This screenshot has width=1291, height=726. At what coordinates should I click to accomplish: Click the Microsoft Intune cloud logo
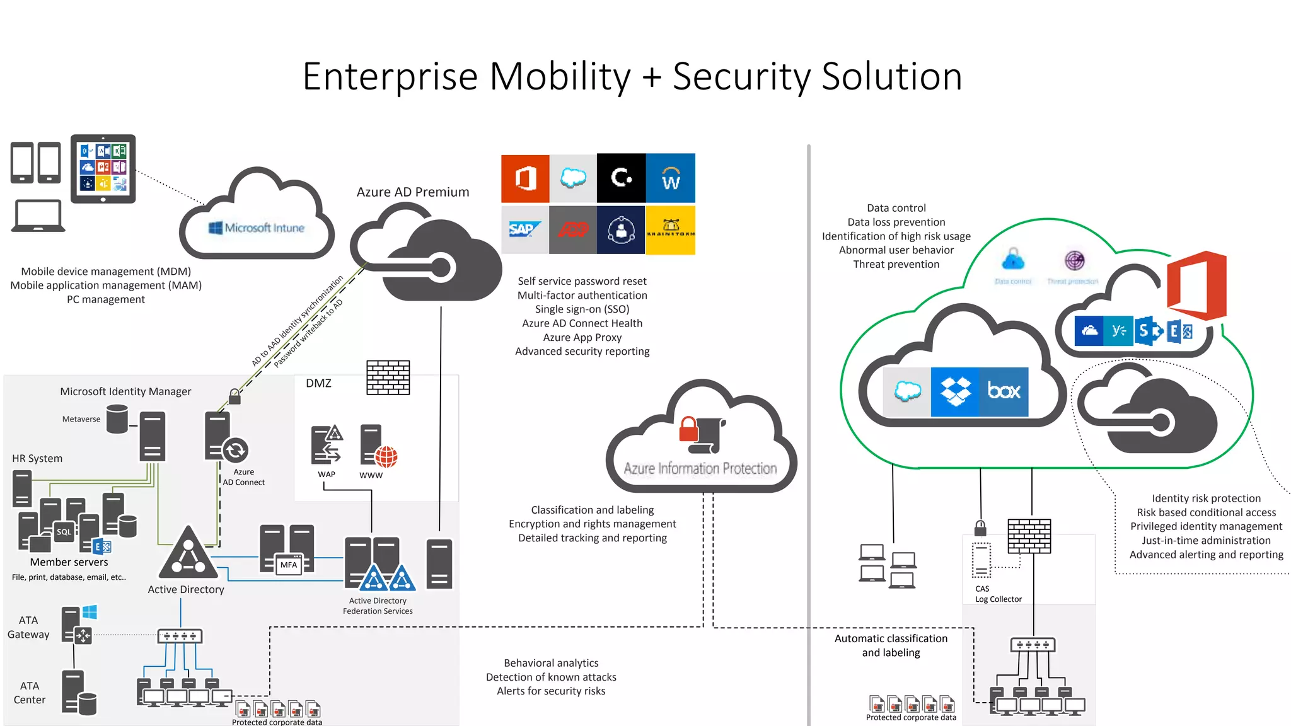(257, 228)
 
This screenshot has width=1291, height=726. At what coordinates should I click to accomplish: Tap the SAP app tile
(524, 230)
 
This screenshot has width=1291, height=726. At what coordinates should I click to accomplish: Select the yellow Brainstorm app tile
(670, 230)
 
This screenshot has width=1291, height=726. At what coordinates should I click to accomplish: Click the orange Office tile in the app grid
(525, 178)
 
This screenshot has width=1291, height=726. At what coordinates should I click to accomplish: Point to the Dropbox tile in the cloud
(955, 391)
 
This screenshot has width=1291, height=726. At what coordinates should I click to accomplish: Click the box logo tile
(1004, 391)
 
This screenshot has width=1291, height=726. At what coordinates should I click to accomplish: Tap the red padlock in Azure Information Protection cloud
(688, 430)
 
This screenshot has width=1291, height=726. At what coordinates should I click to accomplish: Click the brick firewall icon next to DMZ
(388, 377)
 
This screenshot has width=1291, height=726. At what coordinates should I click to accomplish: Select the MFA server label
(289, 565)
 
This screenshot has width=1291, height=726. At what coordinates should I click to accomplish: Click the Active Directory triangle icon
(188, 554)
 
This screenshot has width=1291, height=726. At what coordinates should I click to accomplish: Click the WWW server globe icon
(386, 456)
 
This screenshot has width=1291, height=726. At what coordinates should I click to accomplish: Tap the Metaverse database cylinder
(117, 419)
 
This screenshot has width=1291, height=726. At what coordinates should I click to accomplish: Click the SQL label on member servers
(64, 532)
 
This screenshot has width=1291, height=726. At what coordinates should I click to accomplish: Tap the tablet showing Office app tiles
(103, 168)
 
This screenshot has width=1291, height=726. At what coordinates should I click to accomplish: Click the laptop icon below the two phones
(38, 216)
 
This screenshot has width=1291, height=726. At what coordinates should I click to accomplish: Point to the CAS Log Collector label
(997, 594)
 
